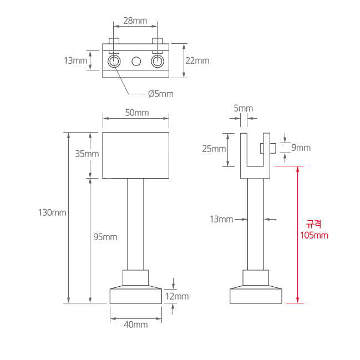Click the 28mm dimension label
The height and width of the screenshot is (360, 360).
tap(135, 21)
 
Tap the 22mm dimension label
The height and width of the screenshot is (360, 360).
tap(198, 60)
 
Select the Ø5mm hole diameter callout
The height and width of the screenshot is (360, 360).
tap(161, 94)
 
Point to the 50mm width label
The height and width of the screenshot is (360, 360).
tap(136, 113)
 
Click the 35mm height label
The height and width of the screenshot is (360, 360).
tap(87, 154)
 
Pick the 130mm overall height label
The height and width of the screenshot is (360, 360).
tap(52, 212)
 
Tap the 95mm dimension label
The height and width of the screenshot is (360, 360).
tap(105, 237)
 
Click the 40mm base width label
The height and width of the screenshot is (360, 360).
tap(136, 324)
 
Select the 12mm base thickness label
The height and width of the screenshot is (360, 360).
tap(178, 296)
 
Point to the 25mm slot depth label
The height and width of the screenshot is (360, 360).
tap(214, 149)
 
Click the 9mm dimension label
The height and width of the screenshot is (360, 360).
tap(301, 148)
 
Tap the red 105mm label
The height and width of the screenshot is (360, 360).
tap(314, 235)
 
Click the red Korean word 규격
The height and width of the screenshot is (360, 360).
tap(314, 224)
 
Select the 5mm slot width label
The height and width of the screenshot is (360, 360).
tap(243, 108)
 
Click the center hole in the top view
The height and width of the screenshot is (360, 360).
tap(136, 61)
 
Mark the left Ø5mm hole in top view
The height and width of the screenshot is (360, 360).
tap(114, 61)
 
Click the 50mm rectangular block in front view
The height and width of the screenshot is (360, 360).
tap(136, 155)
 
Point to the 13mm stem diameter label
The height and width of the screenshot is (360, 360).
tap(221, 219)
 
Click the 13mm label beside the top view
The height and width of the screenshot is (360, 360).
tap(75, 60)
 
